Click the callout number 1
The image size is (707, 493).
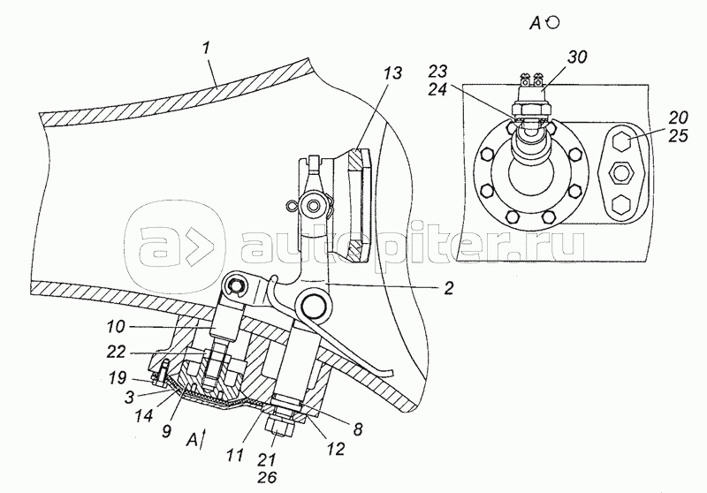tap(206, 49)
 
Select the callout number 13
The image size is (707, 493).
tap(392, 73)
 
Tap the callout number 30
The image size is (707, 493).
tap(577, 57)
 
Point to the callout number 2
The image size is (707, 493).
tap(448, 288)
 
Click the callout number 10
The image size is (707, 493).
tap(116, 327)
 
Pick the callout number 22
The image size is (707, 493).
tap(116, 352)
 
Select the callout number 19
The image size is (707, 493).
tap(118, 377)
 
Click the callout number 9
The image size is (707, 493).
tap(166, 432)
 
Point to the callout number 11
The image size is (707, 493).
tap(235, 454)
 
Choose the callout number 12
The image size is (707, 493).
tap(336, 449)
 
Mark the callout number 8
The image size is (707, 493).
tap(357, 429)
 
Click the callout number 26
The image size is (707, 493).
tap(267, 477)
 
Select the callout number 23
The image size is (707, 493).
tap(437, 72)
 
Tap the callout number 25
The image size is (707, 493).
tap(678, 135)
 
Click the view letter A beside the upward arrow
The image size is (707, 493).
tap(193, 439)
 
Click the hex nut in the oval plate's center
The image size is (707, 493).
tap(621, 172)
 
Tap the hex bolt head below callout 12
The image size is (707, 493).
tap(280, 427)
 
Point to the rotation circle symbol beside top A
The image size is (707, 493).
tap(553, 23)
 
